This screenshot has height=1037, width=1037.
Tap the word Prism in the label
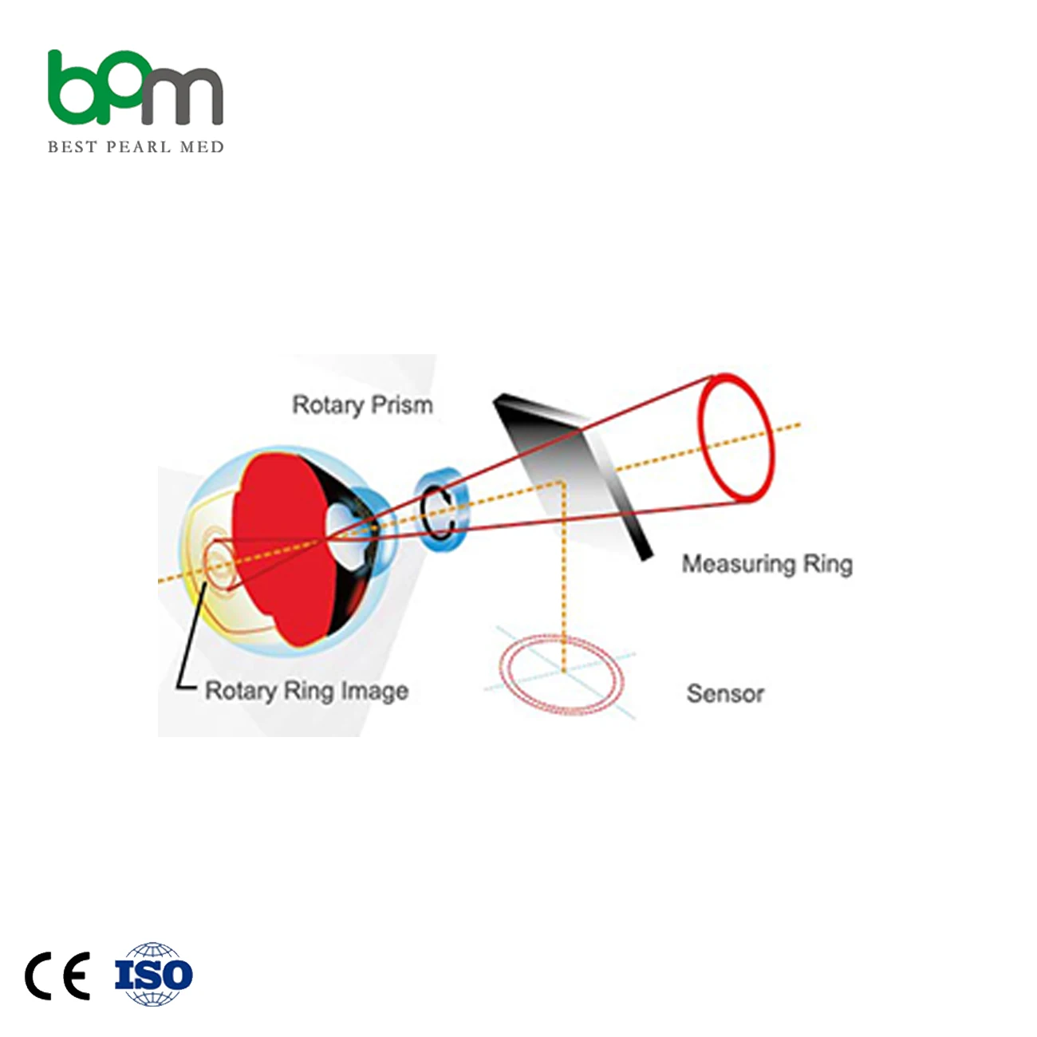pyautogui.click(x=402, y=405)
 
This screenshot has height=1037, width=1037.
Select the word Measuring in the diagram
pyautogui.click(x=739, y=564)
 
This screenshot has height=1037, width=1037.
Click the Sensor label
pyautogui.click(x=725, y=693)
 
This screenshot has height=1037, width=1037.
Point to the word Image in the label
pyautogui.click(x=374, y=691)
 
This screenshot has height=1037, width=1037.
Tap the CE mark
pyautogui.click(x=57, y=975)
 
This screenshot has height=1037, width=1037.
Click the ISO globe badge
pyautogui.click(x=153, y=974)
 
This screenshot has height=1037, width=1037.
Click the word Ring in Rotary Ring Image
pyautogui.click(x=308, y=691)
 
